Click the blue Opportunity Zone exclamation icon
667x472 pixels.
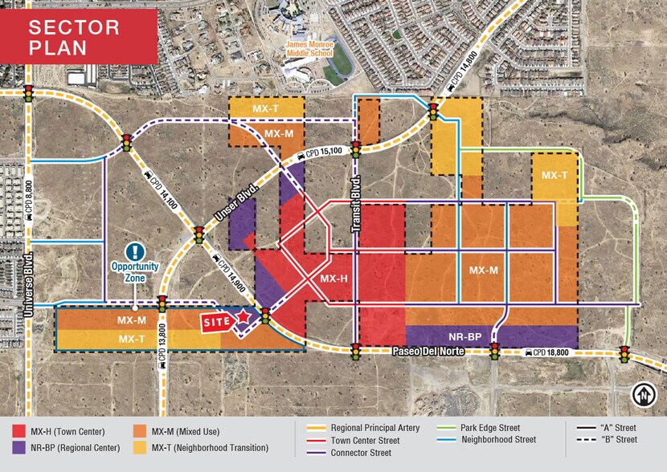tap(137, 251)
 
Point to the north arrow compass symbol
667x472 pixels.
tap(643, 394)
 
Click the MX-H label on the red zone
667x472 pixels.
tap(333, 279)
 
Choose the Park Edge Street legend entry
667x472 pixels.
tap(482, 428)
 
